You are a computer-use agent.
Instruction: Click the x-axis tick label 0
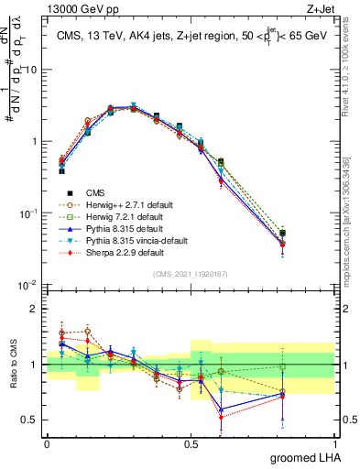(x=48, y=442)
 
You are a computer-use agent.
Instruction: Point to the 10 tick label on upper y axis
(x=31, y=71)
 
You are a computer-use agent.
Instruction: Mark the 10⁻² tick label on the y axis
(x=28, y=286)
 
